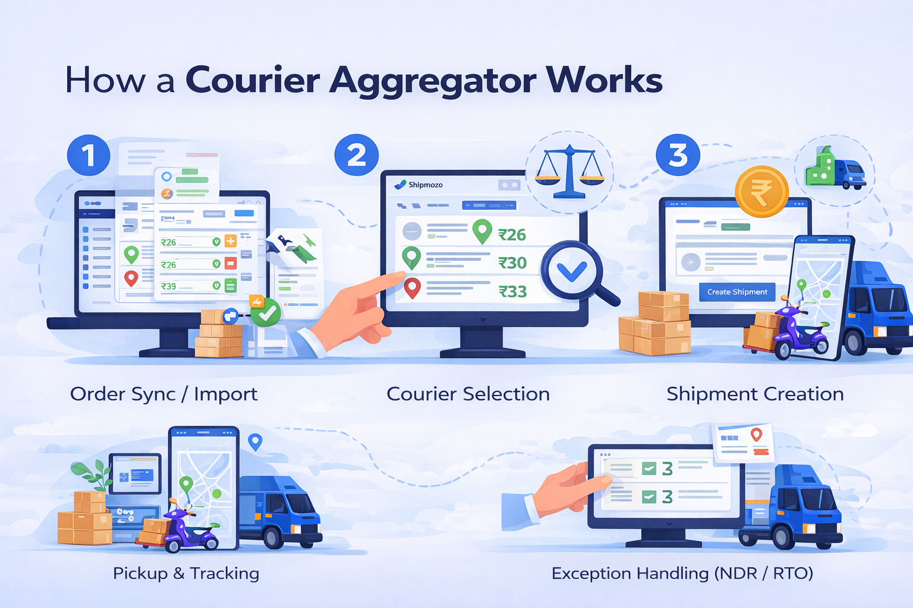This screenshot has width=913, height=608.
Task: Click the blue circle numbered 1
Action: coord(89,156)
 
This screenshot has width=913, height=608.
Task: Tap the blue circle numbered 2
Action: coord(357,155)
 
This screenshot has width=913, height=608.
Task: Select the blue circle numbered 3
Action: coord(678,155)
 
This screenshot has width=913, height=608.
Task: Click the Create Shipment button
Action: coord(737,292)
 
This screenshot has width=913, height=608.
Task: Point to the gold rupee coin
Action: coord(761,192)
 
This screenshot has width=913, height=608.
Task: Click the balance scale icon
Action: coord(569,172)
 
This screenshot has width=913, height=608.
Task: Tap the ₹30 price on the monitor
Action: coord(512,263)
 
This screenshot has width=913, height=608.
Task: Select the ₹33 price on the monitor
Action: coord(512,292)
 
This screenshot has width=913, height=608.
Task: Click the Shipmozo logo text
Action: coord(425,185)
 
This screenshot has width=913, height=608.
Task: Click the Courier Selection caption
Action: coord(468,394)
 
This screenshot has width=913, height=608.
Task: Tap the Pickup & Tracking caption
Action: coord(186,574)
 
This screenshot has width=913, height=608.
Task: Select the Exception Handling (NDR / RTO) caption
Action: coord(682,574)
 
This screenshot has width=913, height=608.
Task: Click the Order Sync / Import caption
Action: coord(163,394)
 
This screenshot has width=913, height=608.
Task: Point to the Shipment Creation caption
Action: coord(755,394)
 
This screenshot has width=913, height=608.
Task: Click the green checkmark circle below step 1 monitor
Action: coord(266,312)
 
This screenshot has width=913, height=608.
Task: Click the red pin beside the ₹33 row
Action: coord(412,287)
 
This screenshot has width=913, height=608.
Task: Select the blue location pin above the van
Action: coord(255,441)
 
